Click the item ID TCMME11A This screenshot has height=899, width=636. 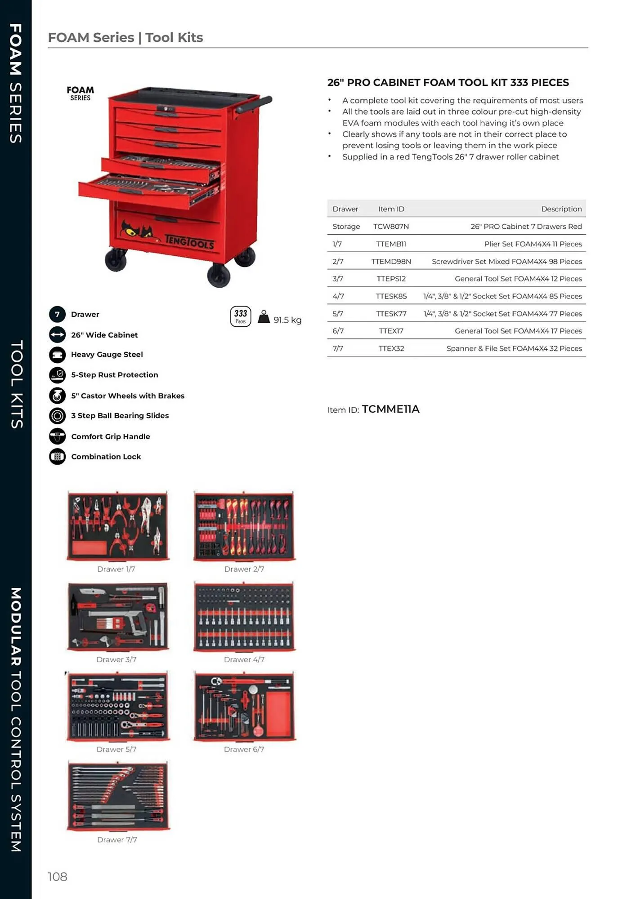[x=390, y=409]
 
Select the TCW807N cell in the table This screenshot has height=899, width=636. [x=391, y=227]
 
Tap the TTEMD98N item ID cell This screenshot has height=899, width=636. [x=391, y=262]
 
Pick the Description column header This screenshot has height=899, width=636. [x=561, y=209]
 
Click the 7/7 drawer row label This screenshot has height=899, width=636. [x=337, y=348]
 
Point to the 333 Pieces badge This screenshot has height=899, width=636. [x=241, y=316]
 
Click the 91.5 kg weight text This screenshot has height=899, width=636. [x=287, y=320]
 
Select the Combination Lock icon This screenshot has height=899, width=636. [x=57, y=457]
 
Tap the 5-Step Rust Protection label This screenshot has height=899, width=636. [x=114, y=375]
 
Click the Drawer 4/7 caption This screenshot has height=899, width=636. [x=244, y=659]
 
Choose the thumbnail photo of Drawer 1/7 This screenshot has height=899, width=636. [x=118, y=526]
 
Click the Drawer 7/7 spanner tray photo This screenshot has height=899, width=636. [x=118, y=796]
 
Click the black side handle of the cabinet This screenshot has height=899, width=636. [x=254, y=104]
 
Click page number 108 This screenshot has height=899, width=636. [x=57, y=877]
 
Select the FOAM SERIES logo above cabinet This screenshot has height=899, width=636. [x=80, y=93]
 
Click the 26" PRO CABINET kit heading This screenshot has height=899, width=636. [x=448, y=83]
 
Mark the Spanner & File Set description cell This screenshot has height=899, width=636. [x=514, y=348]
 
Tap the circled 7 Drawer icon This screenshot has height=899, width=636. [x=57, y=314]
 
